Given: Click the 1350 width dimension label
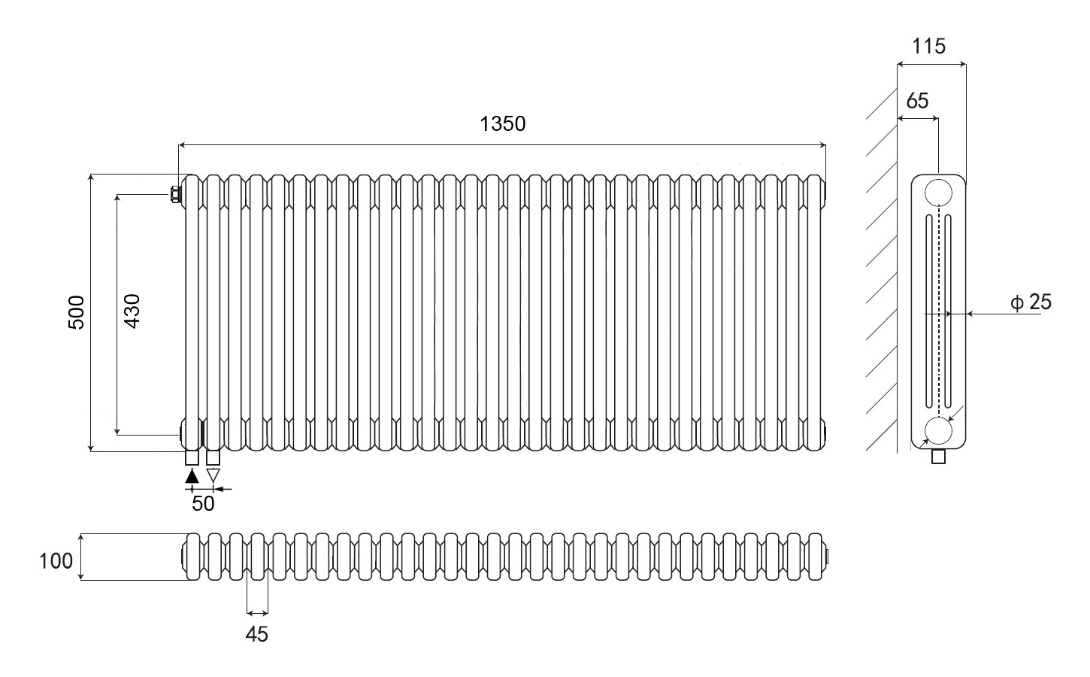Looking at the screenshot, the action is (503, 123).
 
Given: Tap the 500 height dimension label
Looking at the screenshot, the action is (77, 312).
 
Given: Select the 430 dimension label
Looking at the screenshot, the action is (132, 311).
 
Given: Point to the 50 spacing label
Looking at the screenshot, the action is (203, 503).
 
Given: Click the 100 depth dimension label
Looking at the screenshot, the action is (56, 561).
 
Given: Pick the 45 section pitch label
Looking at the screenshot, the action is (257, 634).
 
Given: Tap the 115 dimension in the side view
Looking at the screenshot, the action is (928, 47).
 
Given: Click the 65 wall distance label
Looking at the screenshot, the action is (917, 101).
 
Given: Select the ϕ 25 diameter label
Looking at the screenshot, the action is (1031, 302).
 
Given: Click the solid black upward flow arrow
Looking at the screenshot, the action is (192, 476).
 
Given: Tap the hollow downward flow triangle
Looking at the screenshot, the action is (213, 475).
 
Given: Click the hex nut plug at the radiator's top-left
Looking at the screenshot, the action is (175, 195).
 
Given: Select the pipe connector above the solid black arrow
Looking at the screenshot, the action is (192, 458).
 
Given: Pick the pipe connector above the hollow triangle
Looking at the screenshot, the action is (213, 458).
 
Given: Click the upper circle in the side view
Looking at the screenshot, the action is (938, 192).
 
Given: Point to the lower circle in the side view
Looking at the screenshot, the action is (938, 430).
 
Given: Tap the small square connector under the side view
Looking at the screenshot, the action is (938, 457).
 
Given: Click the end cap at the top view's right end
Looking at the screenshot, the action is (826, 557).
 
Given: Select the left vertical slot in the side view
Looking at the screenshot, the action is (929, 311).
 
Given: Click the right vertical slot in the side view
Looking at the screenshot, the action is (948, 311).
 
